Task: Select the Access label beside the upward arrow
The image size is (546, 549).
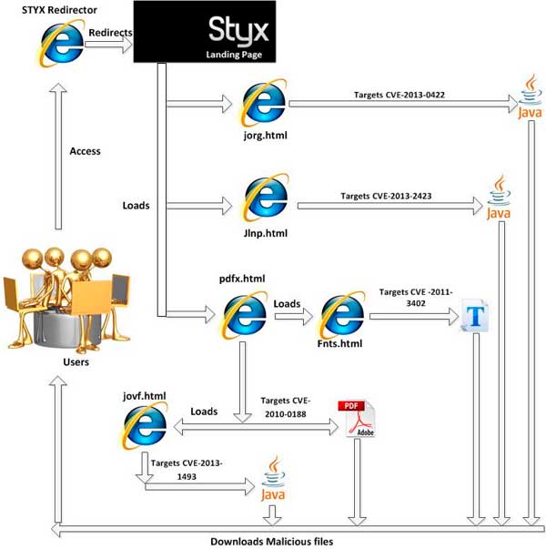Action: [x=86, y=151]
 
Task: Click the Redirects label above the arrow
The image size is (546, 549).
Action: [x=110, y=33]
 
